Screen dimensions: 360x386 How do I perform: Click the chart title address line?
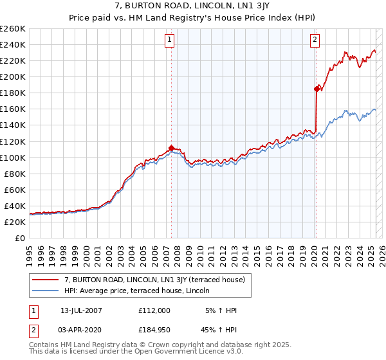[x=192, y=5]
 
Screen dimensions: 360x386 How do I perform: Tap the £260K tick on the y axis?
[x=13, y=29]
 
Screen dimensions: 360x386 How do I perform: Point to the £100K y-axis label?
[x=13, y=157]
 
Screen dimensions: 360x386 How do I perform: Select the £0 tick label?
[x=20, y=238]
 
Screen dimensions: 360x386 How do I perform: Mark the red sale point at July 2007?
[x=171, y=147]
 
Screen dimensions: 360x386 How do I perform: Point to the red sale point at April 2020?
[x=317, y=89]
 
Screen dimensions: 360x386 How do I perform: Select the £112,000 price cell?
[x=154, y=310]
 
